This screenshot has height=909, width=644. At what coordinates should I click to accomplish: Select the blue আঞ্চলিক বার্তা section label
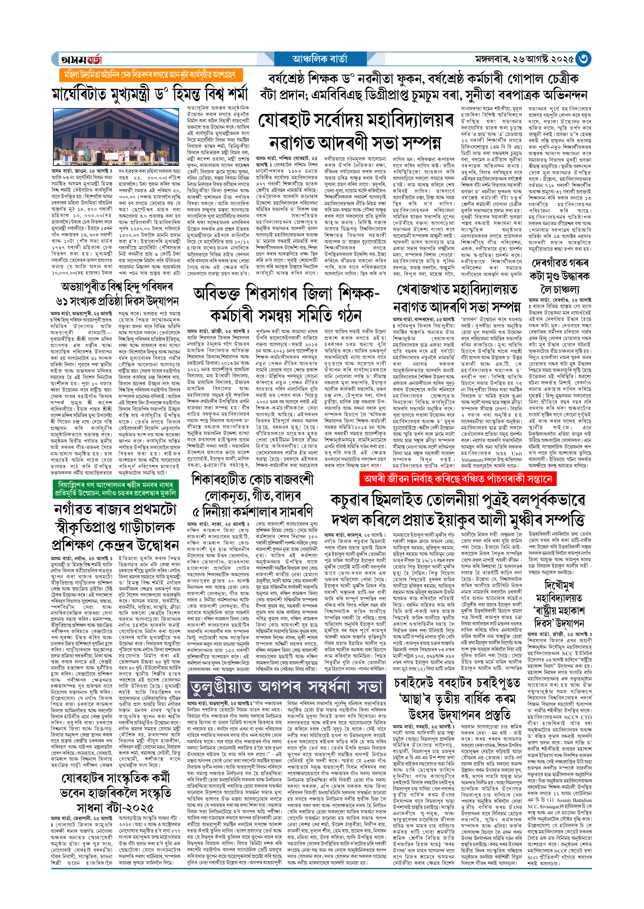point(319,59)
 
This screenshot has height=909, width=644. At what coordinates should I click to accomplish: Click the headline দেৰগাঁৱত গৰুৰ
point(560,264)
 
